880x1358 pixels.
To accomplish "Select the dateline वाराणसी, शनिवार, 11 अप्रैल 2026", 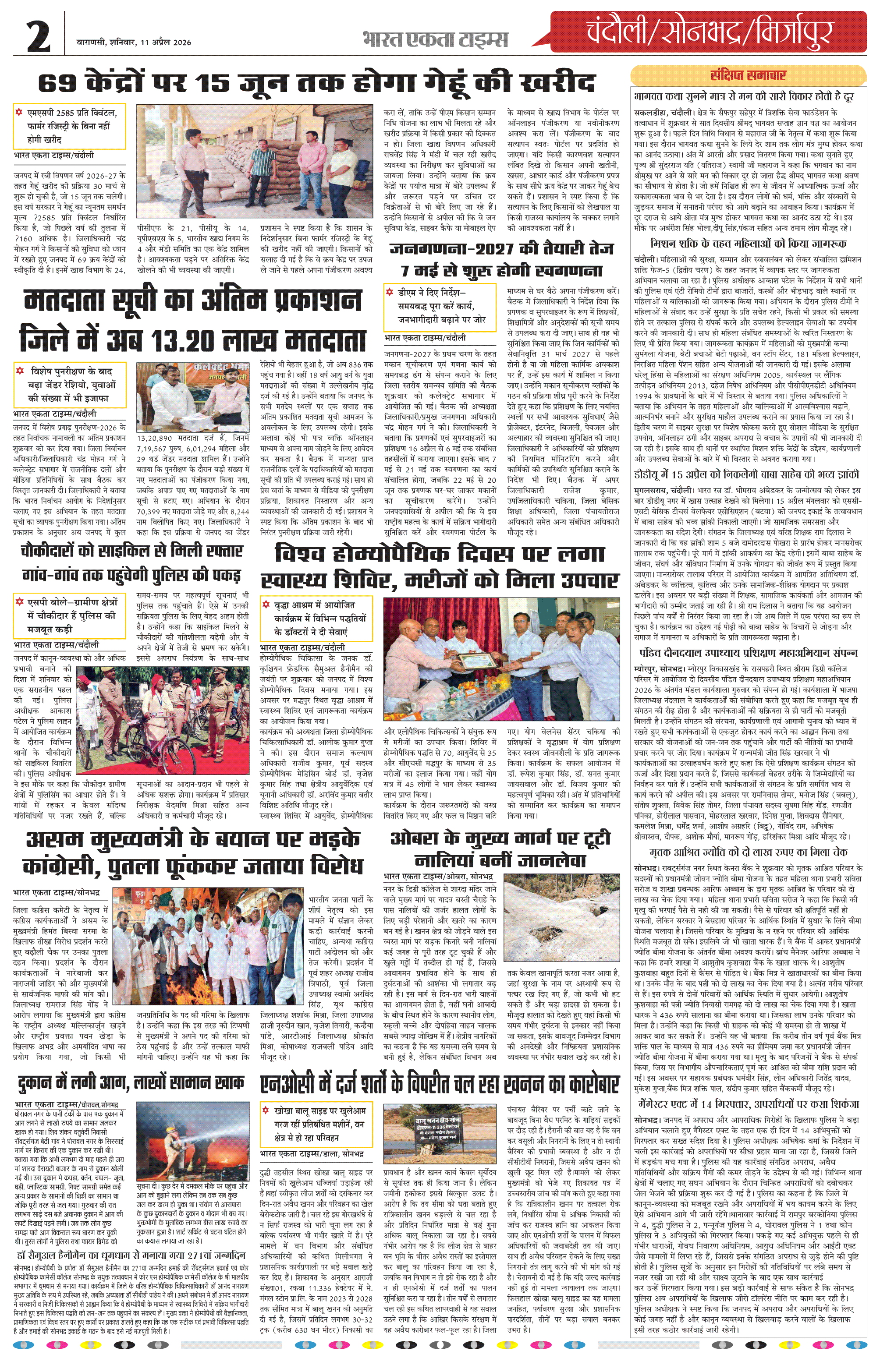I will point(134,42).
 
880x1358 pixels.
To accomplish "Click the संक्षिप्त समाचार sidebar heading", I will point(748,75).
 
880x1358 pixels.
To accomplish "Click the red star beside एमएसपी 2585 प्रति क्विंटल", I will point(20,113).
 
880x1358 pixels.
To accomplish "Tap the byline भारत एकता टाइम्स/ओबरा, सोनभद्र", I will point(438,877).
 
